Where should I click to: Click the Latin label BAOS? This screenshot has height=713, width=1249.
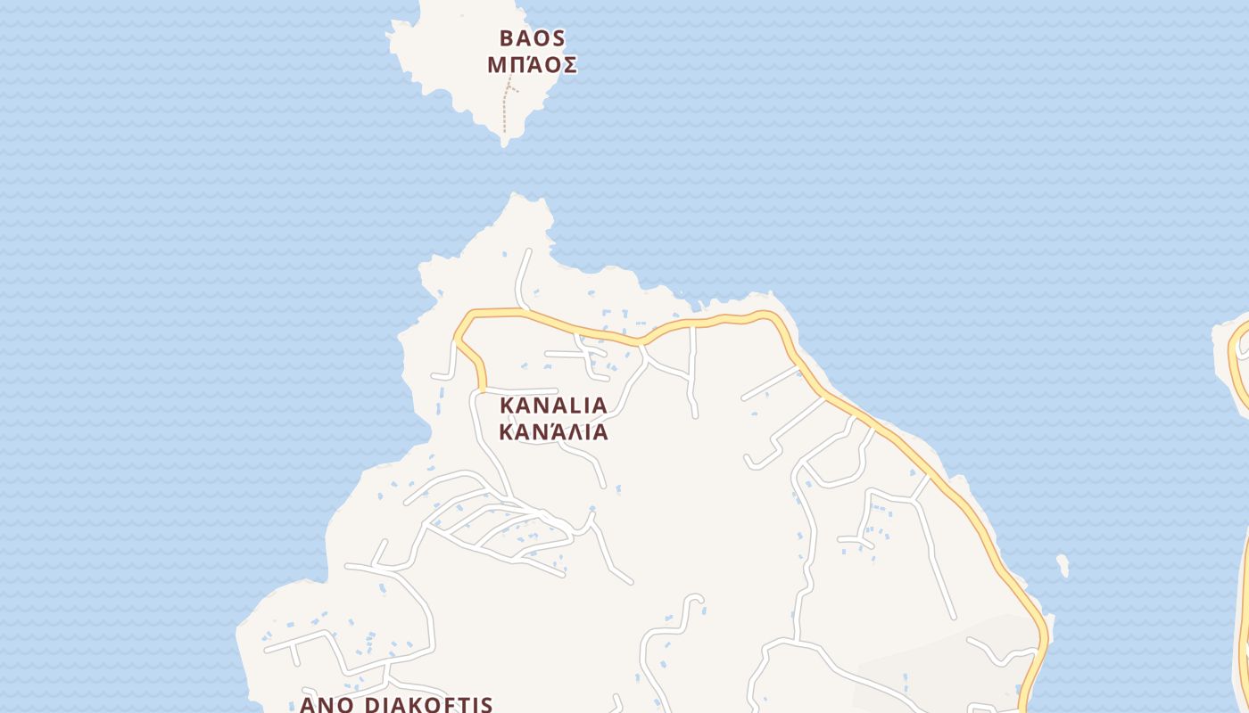click(532, 38)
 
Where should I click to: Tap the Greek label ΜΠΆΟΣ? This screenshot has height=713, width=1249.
click(532, 65)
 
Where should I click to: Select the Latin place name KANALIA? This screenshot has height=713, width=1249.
click(553, 406)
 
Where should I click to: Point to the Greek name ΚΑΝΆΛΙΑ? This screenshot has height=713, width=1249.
click(553, 432)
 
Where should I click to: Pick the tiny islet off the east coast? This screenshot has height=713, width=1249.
click(1063, 565)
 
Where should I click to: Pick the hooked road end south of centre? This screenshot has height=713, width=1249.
click(696, 598)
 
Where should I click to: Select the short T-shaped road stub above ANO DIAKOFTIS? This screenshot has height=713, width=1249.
click(294, 652)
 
